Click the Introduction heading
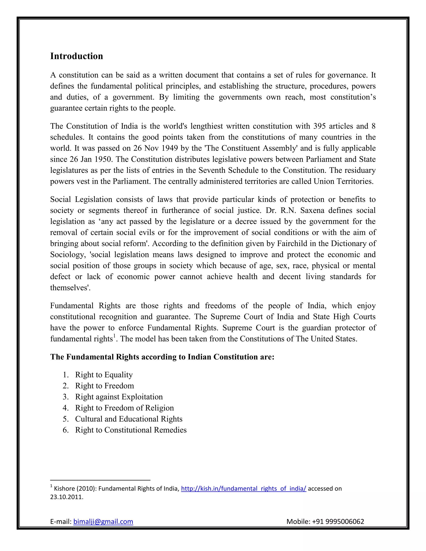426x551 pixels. [x=77, y=56]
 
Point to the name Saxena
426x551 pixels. [x=312, y=210]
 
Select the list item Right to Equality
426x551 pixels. [x=104, y=375]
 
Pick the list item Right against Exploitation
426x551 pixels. [x=119, y=397]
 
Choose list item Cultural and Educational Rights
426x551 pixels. [x=129, y=419]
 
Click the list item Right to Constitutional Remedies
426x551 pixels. [x=131, y=430]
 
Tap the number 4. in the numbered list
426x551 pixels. [x=66, y=408]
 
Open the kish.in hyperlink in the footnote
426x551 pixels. [x=244, y=489]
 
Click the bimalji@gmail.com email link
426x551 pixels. [x=103, y=521]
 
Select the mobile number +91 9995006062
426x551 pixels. [x=338, y=521]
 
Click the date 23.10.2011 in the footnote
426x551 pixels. [x=66, y=497]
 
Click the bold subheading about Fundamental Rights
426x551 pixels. [x=162, y=357]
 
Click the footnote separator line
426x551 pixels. [x=100, y=480]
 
